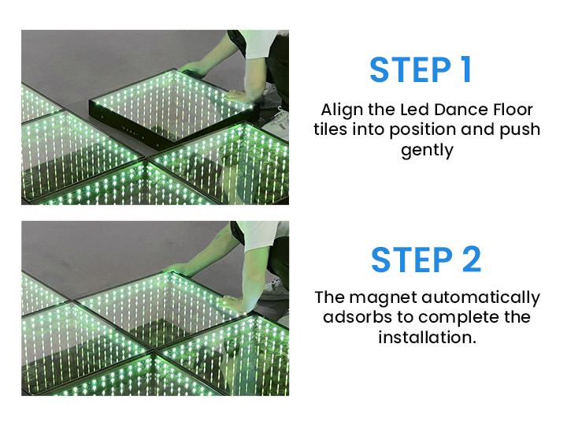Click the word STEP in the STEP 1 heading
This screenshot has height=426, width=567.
pos(405,69)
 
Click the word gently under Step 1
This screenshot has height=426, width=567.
pos(427,151)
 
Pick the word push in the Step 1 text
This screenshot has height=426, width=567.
pos(521,129)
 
